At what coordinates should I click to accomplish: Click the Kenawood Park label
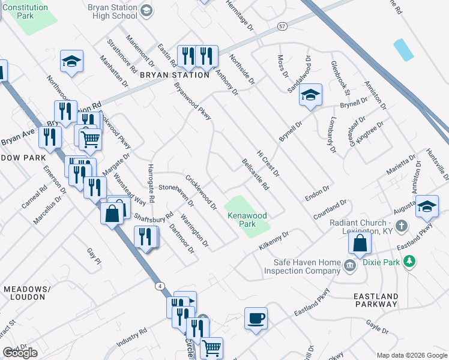(x=246, y=220)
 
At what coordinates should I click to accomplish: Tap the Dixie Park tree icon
(x=409, y=261)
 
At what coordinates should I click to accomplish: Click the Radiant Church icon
(x=403, y=226)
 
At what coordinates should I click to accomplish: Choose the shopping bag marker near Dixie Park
(x=360, y=242)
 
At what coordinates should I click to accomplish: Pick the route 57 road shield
(x=282, y=27)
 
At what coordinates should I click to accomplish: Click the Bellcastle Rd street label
(x=255, y=173)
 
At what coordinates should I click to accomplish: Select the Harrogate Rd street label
(x=151, y=181)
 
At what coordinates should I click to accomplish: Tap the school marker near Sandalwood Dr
(x=310, y=95)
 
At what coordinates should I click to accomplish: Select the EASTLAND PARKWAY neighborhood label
(x=376, y=300)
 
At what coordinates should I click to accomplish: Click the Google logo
(x=20, y=353)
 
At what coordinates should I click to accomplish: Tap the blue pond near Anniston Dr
(x=403, y=50)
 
